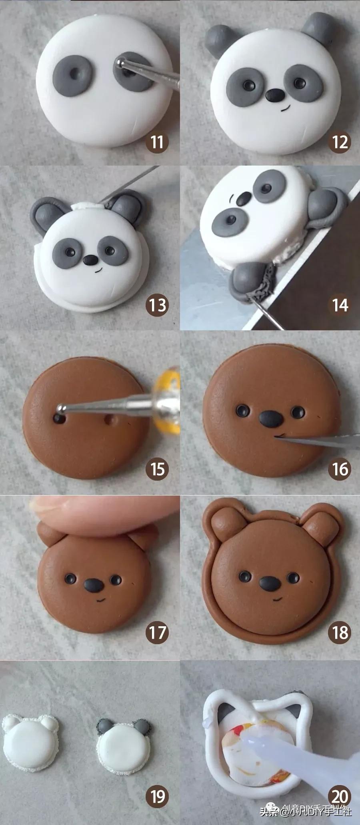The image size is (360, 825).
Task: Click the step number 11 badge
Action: coord(157,142)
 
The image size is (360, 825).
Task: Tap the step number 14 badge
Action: coord(340,305)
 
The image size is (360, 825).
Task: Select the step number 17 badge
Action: coord(157,632)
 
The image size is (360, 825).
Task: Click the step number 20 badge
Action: coord(340,796)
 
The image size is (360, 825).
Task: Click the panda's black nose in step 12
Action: coord(275,95)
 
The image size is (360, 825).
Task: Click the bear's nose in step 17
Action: coord(92,585)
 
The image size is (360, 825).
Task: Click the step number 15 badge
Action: coord(157,469)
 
